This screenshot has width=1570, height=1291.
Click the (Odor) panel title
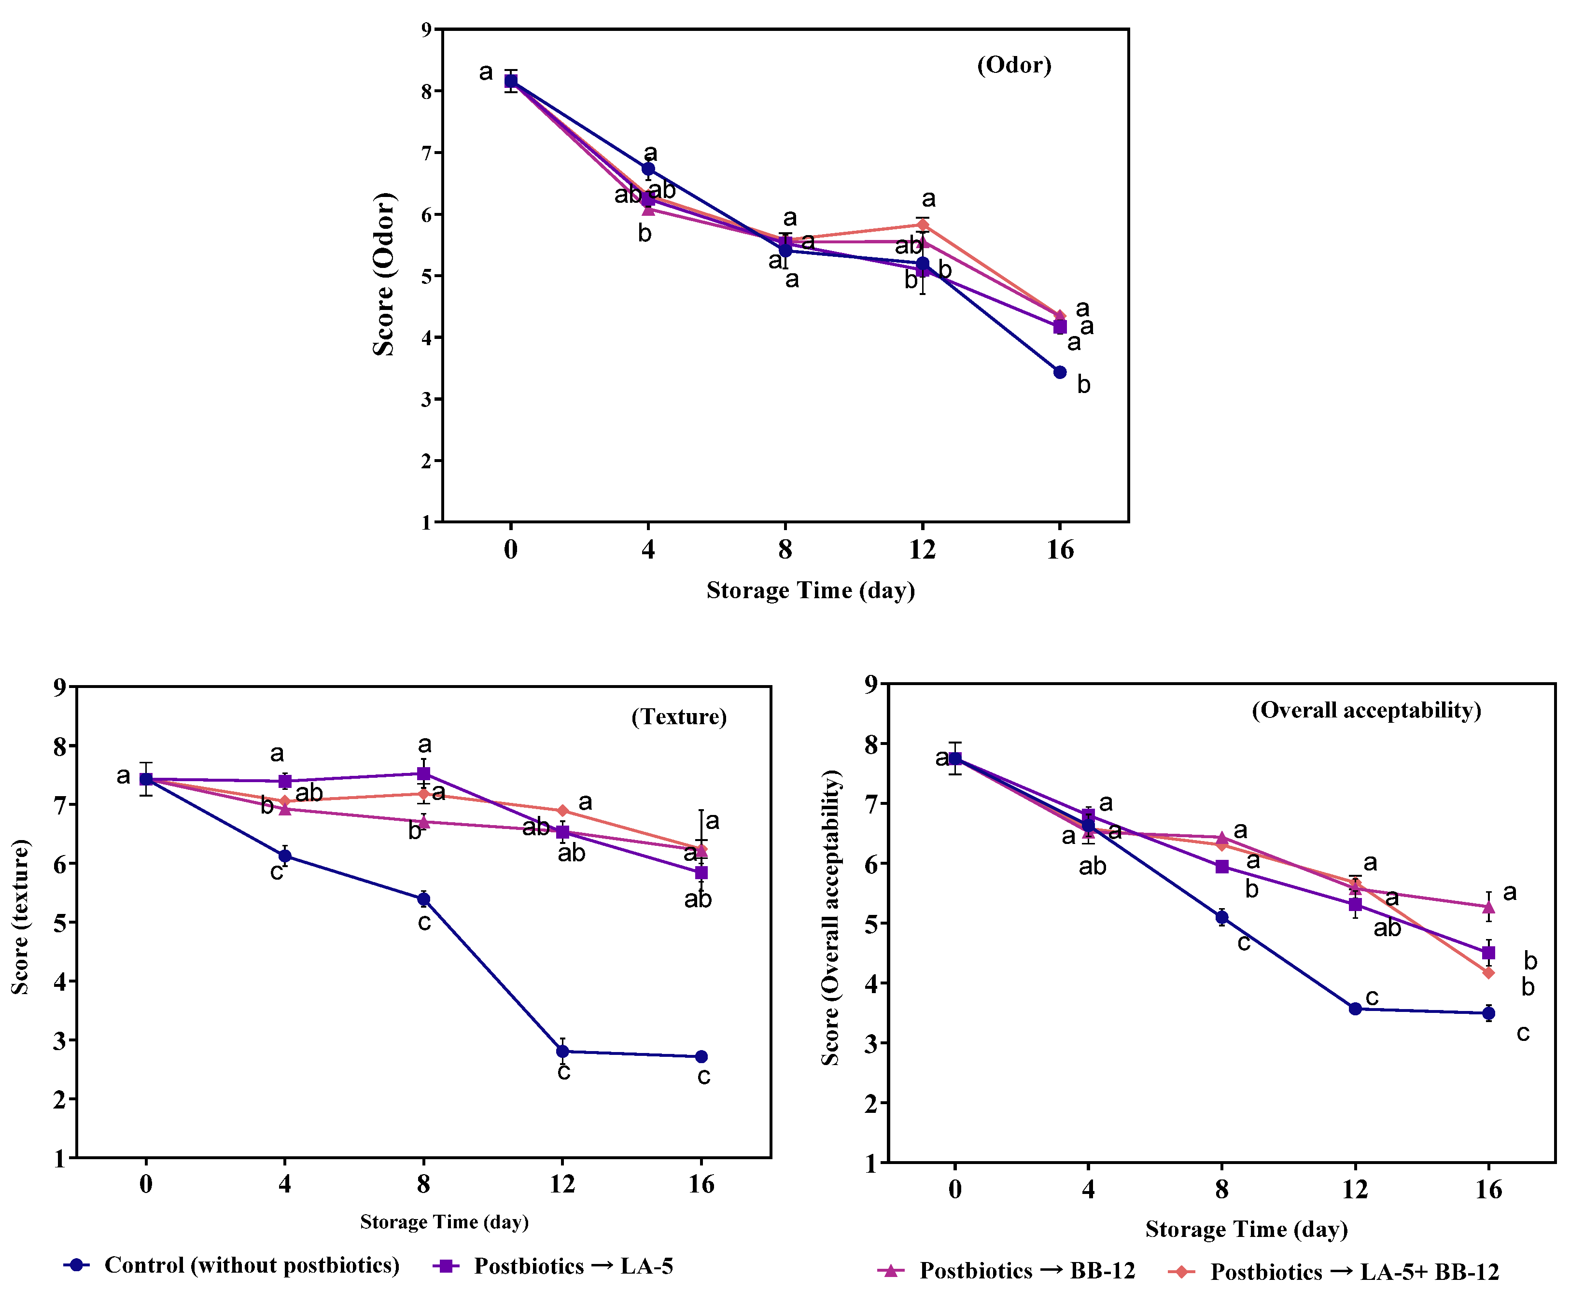point(1014,66)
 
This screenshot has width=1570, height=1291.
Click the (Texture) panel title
point(679,717)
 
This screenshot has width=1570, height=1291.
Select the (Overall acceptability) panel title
point(1366,710)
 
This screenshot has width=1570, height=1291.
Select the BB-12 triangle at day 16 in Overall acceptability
point(1488,907)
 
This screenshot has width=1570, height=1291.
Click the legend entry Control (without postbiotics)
point(232,1264)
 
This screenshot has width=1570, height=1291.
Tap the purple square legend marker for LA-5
point(446,1265)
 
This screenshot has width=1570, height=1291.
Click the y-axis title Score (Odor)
point(384,274)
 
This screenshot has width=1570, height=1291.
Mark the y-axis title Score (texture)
point(20,916)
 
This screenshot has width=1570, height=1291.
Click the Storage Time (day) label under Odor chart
point(810,590)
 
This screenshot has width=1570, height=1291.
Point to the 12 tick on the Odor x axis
point(922,549)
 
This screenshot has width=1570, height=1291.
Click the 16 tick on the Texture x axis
point(701,1184)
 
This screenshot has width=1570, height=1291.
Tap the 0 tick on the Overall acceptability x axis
point(955,1189)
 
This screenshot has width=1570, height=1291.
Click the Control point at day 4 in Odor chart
point(648,169)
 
